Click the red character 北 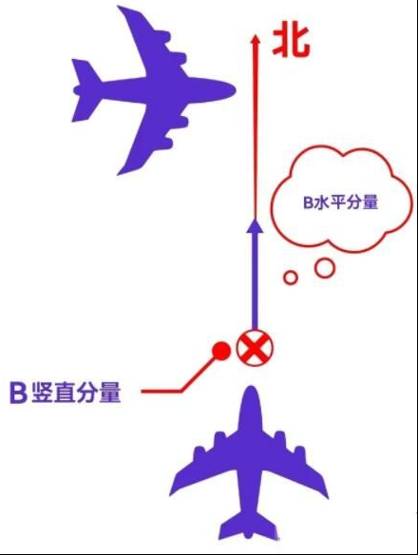pos(291,42)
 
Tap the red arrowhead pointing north pos(256,39)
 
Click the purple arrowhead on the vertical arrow pos(255,226)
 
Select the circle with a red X pos(255,348)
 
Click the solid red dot pos(221,351)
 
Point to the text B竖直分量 pos(66,392)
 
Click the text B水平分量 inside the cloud pos(341,202)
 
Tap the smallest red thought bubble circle pos(291,277)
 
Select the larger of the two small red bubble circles pos(325,268)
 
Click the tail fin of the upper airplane pos(84,90)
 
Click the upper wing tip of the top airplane pos(121,9)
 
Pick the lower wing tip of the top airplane pos(121,172)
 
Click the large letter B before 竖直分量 pos(18,392)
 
